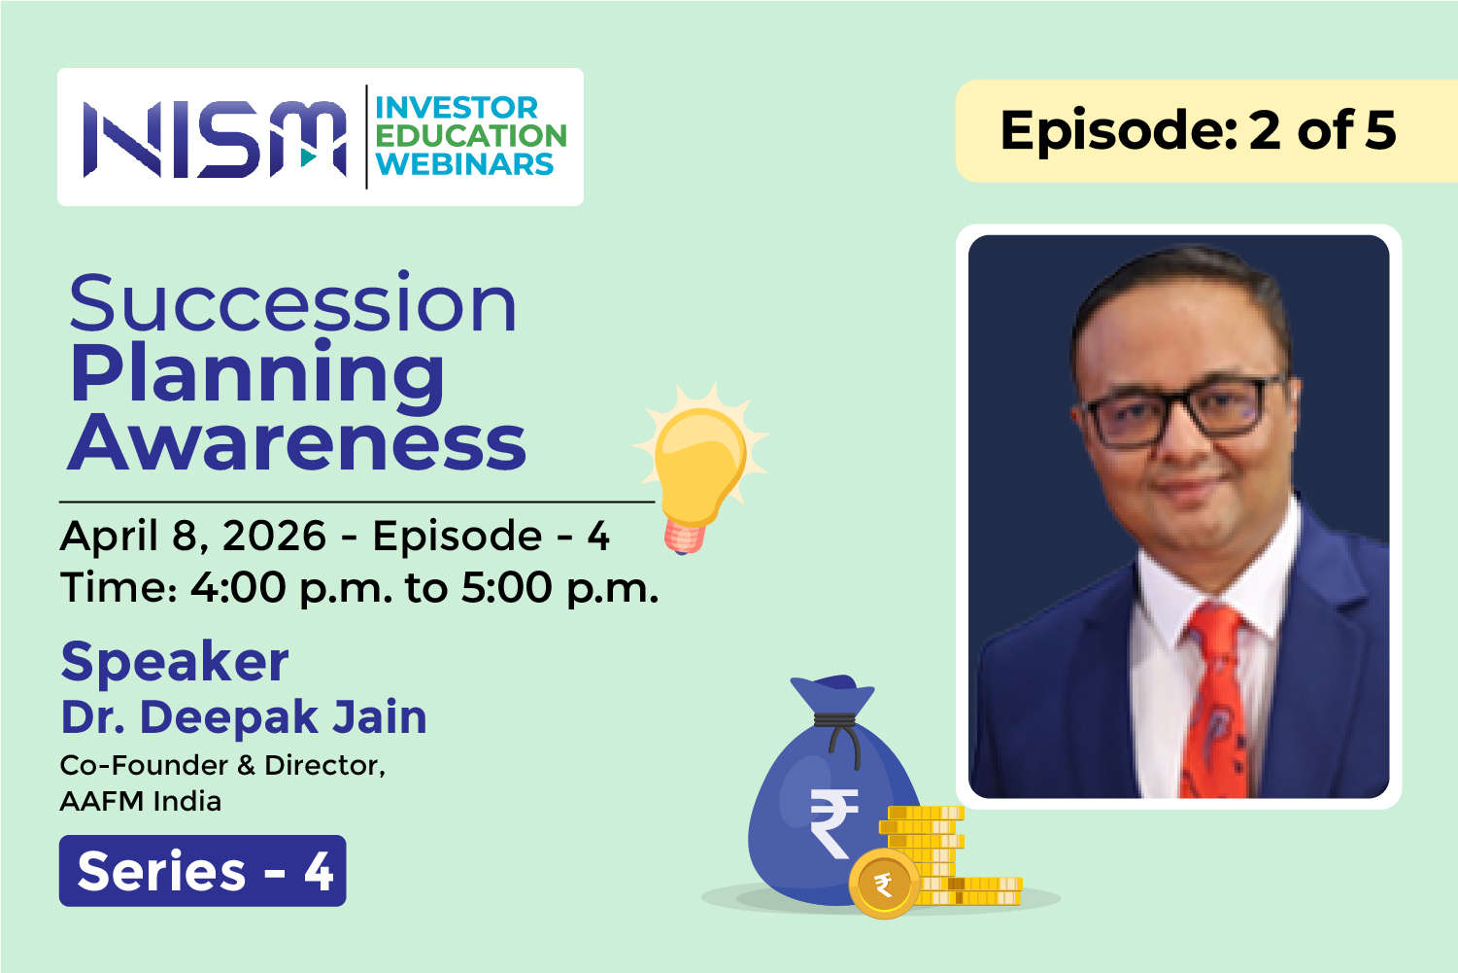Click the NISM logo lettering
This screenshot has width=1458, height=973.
(215, 139)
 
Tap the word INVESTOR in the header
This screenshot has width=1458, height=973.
(457, 108)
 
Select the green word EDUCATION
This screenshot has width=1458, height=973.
(471, 135)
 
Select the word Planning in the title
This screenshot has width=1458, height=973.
(257, 376)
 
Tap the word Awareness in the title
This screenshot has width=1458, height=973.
(297, 443)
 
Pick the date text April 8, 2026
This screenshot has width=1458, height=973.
(192, 536)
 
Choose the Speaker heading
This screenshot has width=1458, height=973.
(175, 662)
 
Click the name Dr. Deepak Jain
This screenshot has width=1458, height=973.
(244, 716)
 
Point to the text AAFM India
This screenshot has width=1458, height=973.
(141, 801)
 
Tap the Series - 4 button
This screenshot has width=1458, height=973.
(202, 871)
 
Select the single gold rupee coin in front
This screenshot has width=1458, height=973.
(883, 884)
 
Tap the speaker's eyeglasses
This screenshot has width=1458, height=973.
(1181, 410)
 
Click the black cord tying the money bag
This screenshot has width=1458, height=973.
(838, 735)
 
